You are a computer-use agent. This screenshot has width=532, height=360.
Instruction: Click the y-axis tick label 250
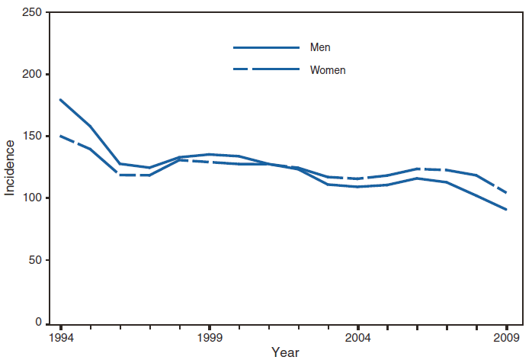pyautogui.click(x=32, y=13)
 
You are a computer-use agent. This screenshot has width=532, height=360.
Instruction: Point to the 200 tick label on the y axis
pyautogui.click(x=32, y=75)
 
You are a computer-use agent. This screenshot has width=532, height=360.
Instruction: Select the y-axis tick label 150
pyautogui.click(x=32, y=137)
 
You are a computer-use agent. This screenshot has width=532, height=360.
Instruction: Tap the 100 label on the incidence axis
pyautogui.click(x=32, y=198)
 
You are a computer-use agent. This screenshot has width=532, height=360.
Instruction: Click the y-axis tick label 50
pyautogui.click(x=34, y=261)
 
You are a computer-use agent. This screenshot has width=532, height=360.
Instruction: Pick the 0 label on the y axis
pyautogui.click(x=38, y=323)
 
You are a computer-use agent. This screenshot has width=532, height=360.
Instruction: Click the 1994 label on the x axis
pyautogui.click(x=60, y=337)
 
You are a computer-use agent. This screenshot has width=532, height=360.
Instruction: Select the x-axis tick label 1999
pyautogui.click(x=210, y=337)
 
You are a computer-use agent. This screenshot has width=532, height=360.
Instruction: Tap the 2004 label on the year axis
pyautogui.click(x=358, y=337)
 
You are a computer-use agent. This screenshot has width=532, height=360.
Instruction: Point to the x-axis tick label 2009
pyautogui.click(x=507, y=337)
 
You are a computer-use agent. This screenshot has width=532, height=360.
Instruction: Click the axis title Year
pyautogui.click(x=284, y=352)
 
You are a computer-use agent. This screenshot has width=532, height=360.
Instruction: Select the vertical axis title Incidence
pyautogui.click(x=10, y=167)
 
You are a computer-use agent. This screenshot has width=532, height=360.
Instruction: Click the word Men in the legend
pyautogui.click(x=319, y=48)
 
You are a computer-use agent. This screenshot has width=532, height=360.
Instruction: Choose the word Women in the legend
pyautogui.click(x=328, y=70)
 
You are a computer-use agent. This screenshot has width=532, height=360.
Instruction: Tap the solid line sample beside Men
pyautogui.click(x=266, y=48)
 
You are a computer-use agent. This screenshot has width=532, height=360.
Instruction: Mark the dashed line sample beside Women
pyautogui.click(x=266, y=70)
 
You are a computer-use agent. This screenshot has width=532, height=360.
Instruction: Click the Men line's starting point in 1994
pyautogui.click(x=60, y=100)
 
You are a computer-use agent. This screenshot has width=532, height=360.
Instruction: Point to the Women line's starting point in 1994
pyautogui.click(x=60, y=136)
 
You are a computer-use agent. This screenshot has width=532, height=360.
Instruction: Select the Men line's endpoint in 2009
pyautogui.click(x=507, y=210)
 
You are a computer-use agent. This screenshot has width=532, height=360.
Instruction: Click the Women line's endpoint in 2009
pyautogui.click(x=507, y=194)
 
